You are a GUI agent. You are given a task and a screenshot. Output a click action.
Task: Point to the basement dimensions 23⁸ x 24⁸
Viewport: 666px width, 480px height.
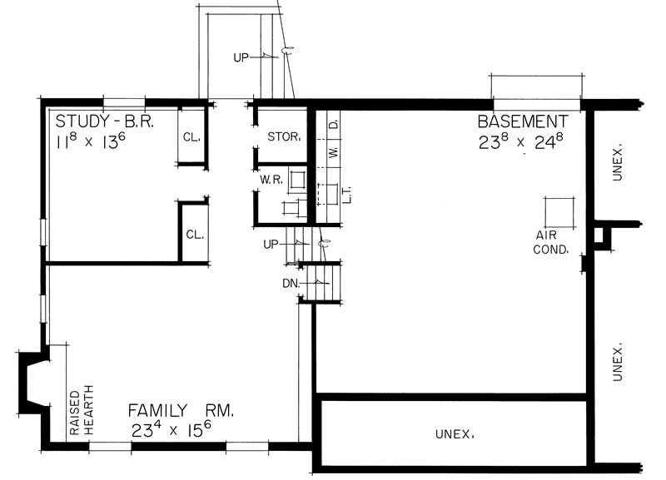click(522, 141)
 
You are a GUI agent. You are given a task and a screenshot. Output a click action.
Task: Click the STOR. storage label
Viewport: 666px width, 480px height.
click(283, 136)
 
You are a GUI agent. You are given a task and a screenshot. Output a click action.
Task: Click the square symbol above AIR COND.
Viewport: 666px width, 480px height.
click(559, 211)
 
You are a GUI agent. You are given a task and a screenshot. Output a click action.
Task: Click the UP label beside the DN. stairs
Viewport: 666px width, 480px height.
click(271, 245)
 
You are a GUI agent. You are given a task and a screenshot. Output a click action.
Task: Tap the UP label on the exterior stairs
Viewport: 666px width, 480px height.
click(241, 57)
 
